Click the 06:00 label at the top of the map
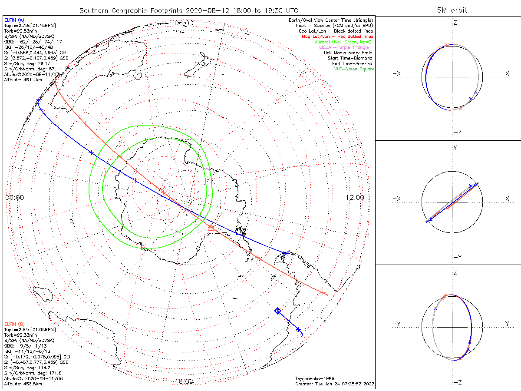click(184, 23)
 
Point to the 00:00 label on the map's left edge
click(14, 197)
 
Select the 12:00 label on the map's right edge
click(355, 197)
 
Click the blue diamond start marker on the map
click(277, 311)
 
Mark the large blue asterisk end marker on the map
click(285, 253)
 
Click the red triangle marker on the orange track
click(211, 227)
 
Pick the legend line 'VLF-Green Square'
click(354, 69)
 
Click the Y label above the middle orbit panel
click(455, 148)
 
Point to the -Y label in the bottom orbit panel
click(396, 324)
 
